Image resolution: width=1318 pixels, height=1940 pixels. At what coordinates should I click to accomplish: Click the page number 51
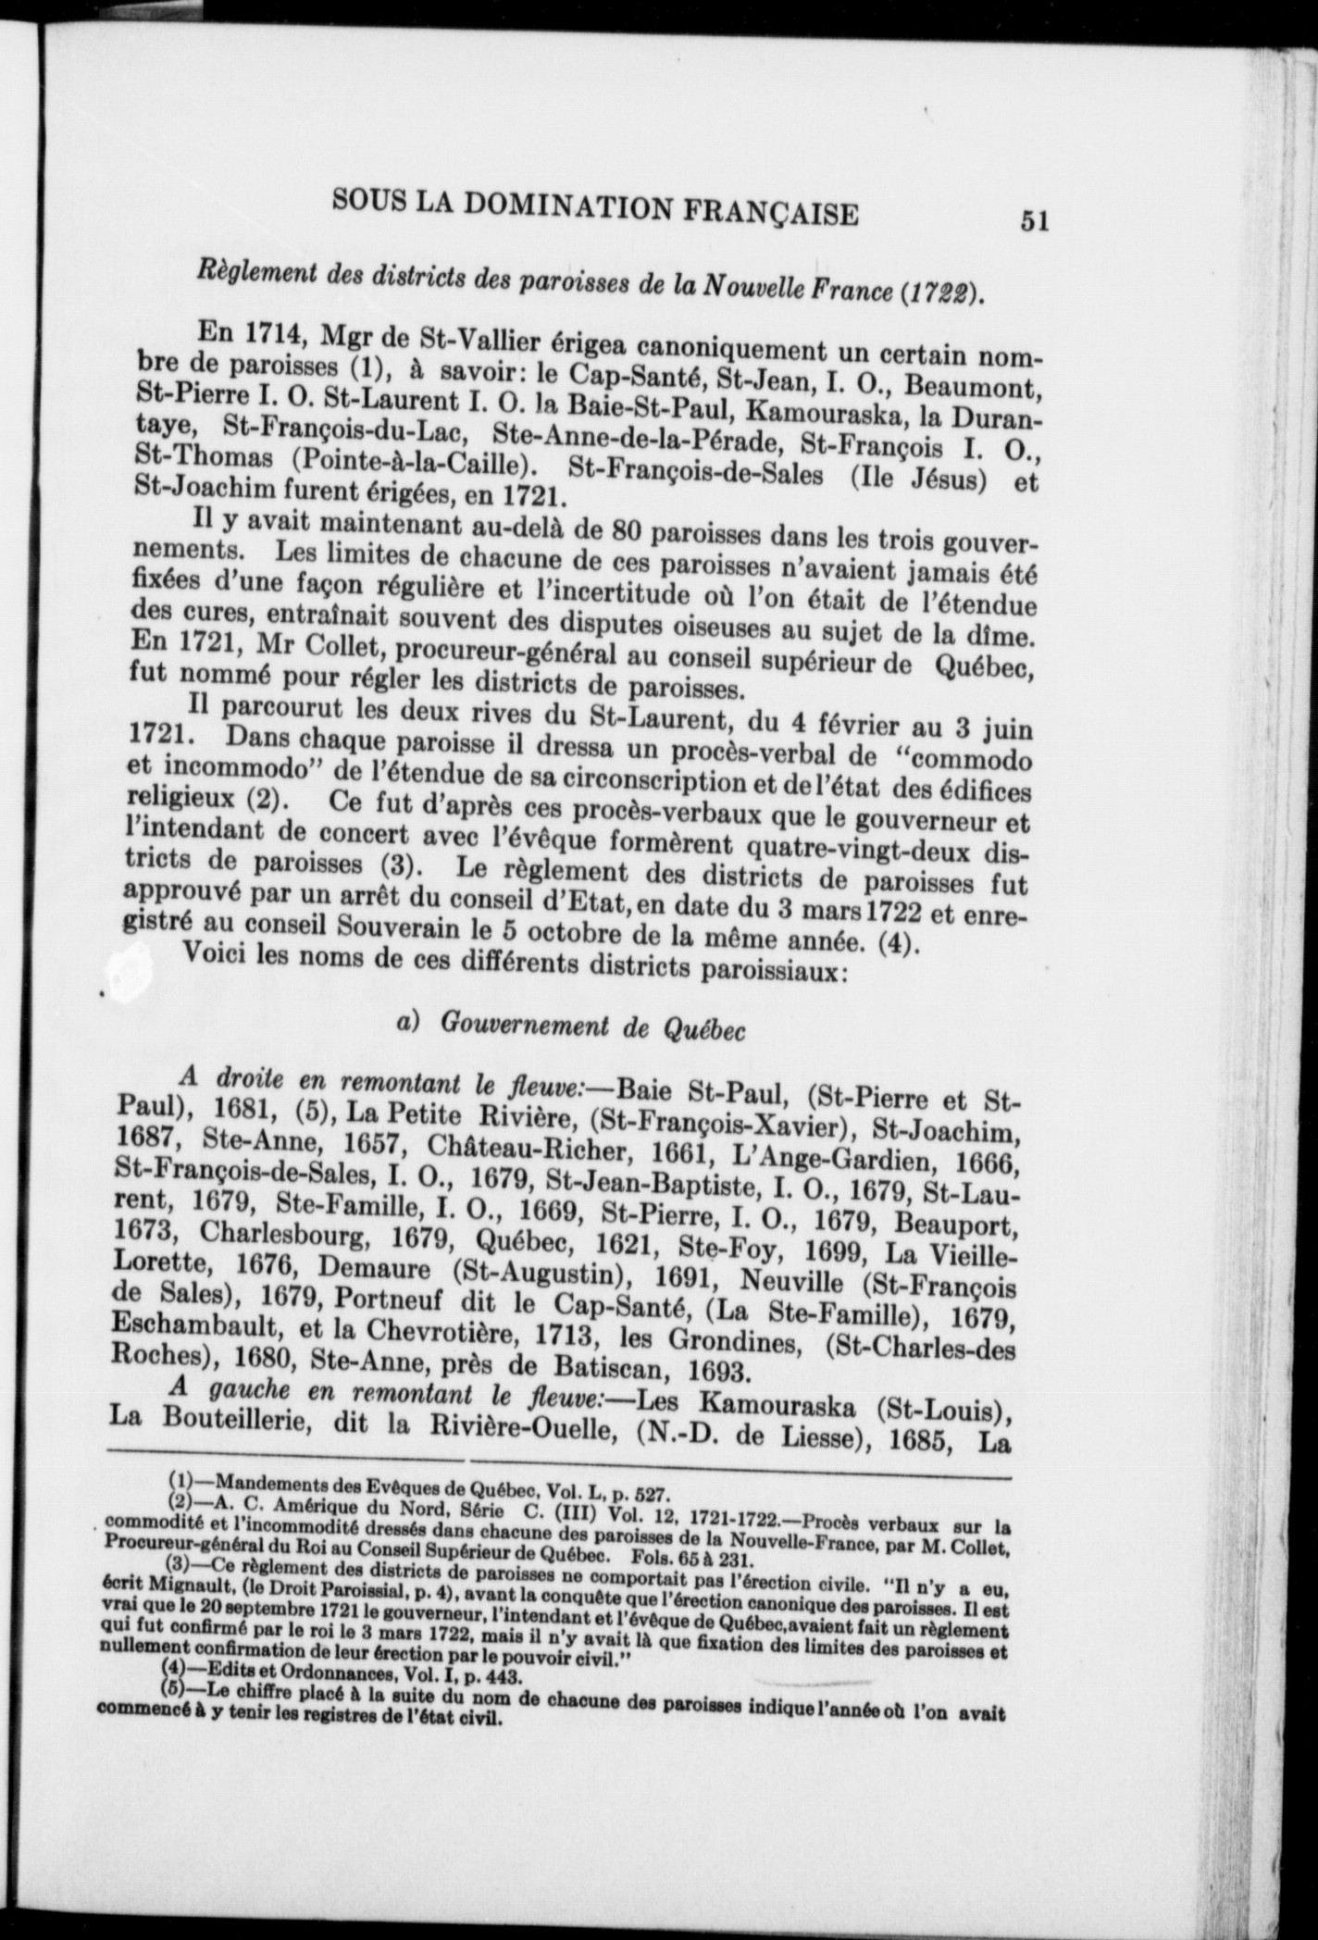point(1033,222)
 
